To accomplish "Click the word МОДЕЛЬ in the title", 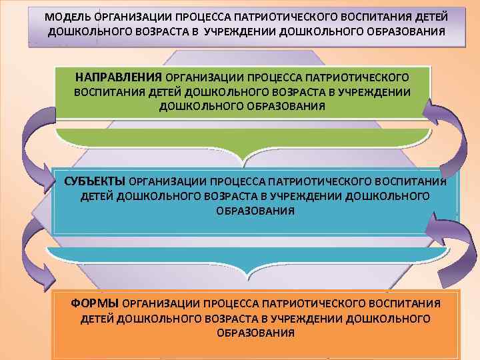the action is (67, 15).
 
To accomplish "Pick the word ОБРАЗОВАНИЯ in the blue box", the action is (255, 211).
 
